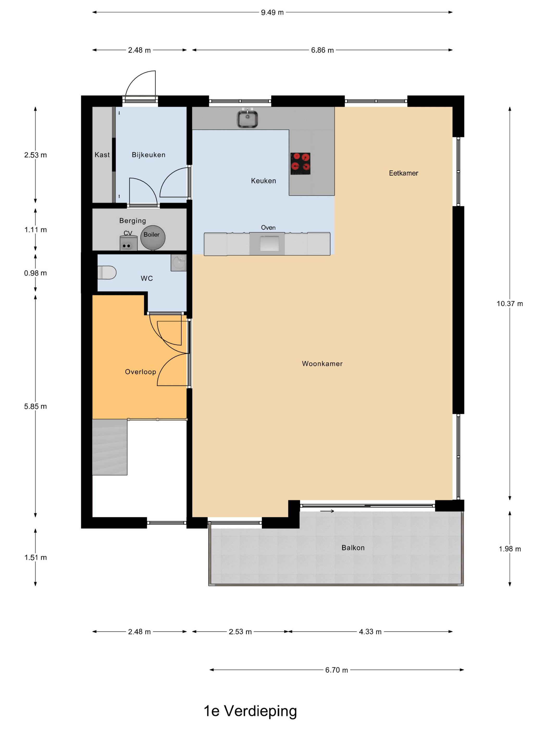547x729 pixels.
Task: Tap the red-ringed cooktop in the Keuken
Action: pyautogui.click(x=300, y=164)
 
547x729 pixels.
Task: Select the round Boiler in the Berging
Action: pyautogui.click(x=153, y=237)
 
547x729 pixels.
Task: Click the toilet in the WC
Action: pyautogui.click(x=107, y=273)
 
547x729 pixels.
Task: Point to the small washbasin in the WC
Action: pyautogui.click(x=178, y=263)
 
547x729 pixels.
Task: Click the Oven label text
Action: pyautogui.click(x=268, y=227)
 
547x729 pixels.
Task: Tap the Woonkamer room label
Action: pyautogui.click(x=322, y=363)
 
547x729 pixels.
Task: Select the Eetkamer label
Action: pyautogui.click(x=403, y=173)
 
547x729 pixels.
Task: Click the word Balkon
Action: pyautogui.click(x=353, y=548)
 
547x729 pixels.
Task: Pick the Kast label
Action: pyautogui.click(x=102, y=155)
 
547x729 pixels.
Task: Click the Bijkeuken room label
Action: pyautogui.click(x=148, y=155)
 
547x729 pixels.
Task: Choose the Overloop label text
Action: pyautogui.click(x=140, y=372)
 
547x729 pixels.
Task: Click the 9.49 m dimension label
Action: pyautogui.click(x=272, y=12)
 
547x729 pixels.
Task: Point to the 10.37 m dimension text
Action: pyautogui.click(x=509, y=304)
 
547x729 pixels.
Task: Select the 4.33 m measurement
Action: pyautogui.click(x=370, y=631)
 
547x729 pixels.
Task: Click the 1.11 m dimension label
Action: pyautogui.click(x=35, y=230)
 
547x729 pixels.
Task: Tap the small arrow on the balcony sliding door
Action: pyautogui.click(x=327, y=511)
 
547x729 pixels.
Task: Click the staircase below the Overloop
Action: pyautogui.click(x=109, y=447)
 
